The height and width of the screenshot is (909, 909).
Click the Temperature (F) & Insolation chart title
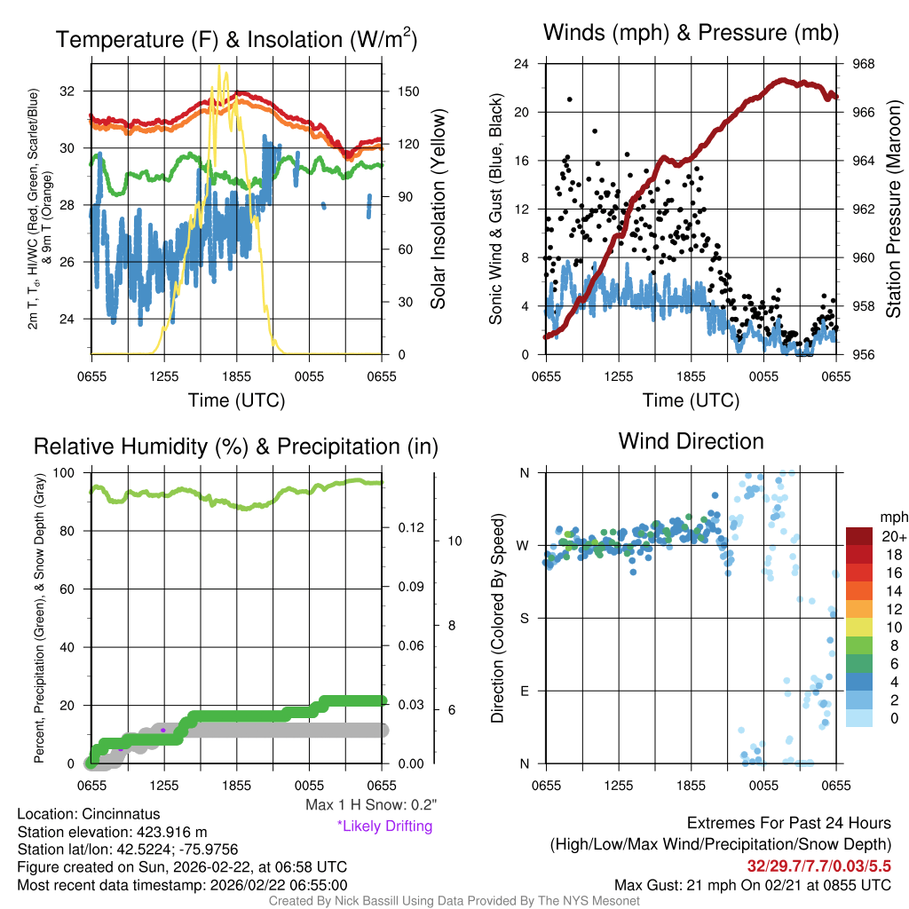(x=236, y=39)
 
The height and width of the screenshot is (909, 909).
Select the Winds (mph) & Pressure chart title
(x=691, y=34)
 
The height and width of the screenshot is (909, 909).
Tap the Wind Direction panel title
(x=691, y=441)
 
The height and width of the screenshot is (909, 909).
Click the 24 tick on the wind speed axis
(x=522, y=64)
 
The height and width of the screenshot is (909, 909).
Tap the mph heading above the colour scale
(x=892, y=517)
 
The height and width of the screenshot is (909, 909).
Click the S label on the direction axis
(x=525, y=618)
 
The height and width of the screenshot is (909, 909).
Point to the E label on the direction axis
(x=525, y=691)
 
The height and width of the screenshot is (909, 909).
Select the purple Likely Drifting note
(x=384, y=826)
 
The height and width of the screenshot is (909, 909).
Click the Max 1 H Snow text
(x=370, y=805)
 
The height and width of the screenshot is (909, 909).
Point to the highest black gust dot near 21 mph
(x=569, y=99)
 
